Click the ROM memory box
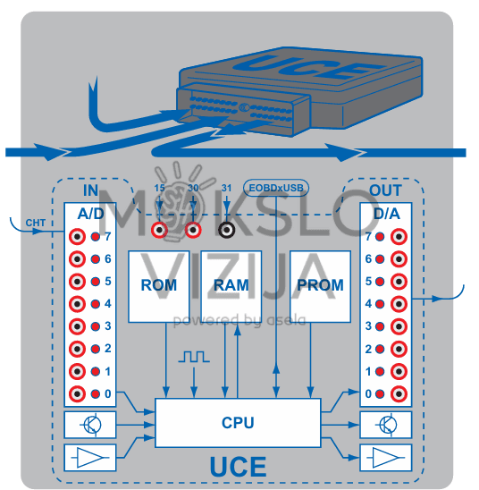click(x=158, y=286)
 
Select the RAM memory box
click(x=231, y=286)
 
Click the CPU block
click(x=238, y=423)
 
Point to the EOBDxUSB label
click(x=275, y=189)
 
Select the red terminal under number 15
click(x=161, y=230)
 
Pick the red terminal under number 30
click(x=193, y=230)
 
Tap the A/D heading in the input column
click(x=90, y=214)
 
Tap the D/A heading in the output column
click(x=385, y=214)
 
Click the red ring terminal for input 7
click(x=78, y=237)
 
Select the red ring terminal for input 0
click(x=78, y=393)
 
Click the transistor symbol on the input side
click(x=90, y=424)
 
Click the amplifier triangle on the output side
click(x=385, y=457)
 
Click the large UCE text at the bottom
click(x=238, y=467)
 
